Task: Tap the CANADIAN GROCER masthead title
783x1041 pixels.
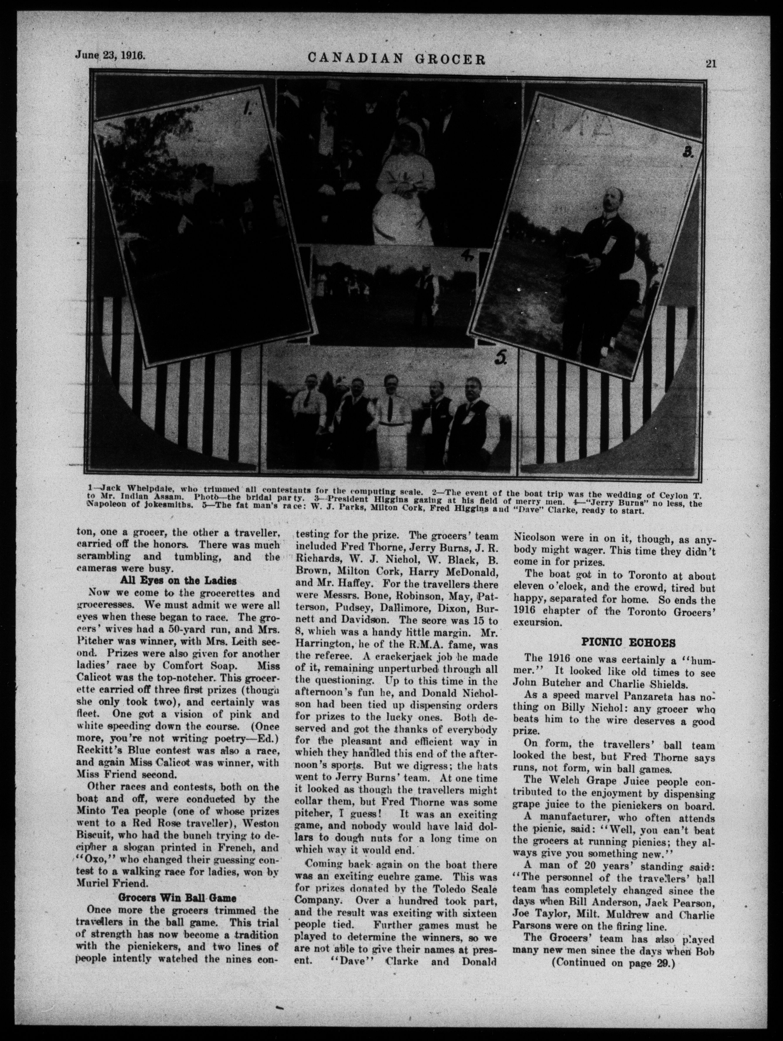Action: tap(396, 58)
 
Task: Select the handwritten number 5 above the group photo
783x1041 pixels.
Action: tap(500, 360)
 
